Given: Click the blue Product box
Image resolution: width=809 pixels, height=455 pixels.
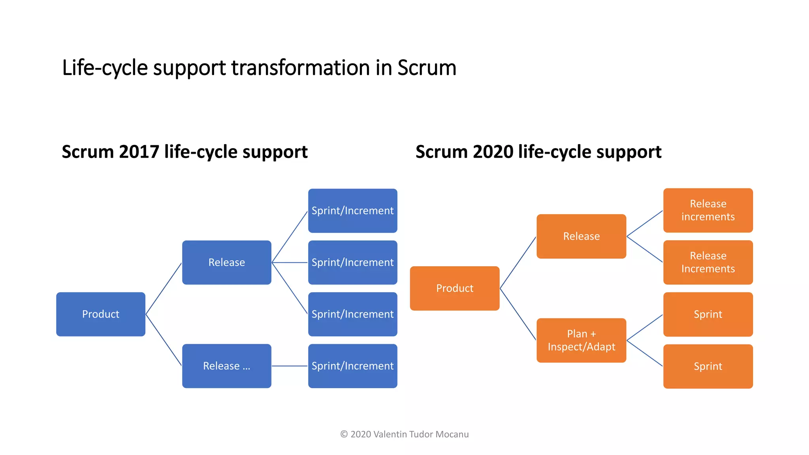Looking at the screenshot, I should point(101,314).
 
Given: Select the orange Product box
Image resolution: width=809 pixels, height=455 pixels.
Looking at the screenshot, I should point(455,288).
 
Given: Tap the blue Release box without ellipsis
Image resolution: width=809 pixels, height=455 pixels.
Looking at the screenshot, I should point(227,262).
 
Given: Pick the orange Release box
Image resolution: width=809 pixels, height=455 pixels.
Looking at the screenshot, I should point(581,236).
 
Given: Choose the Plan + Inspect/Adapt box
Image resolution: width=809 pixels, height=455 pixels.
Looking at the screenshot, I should point(581,340).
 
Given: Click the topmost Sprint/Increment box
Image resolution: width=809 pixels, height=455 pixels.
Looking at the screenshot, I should point(353,211).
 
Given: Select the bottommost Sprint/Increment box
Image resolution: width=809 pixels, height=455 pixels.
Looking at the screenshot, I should point(353,366).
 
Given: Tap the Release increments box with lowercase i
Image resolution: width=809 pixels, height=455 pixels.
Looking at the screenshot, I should point(708,210).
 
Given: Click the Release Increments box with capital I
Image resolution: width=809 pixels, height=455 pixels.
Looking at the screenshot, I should point(708,262).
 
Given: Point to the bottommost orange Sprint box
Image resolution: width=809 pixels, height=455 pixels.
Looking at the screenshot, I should point(708,366).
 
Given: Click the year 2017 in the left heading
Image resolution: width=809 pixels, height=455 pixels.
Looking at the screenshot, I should point(139,152).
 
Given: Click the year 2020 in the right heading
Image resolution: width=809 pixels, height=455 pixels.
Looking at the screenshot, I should point(493,152).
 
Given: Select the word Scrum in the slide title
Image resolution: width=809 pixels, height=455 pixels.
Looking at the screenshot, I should point(427,68).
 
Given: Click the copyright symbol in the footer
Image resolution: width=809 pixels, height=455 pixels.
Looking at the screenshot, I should point(344,434).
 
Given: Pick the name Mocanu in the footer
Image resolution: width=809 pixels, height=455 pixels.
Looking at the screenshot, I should point(452,434).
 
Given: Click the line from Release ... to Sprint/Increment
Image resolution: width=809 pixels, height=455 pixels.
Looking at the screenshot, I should point(290,366).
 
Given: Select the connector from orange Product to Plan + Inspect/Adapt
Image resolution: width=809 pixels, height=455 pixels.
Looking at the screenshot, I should point(518,314).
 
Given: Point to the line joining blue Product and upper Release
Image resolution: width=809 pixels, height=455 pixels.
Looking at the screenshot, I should point(164,289).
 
